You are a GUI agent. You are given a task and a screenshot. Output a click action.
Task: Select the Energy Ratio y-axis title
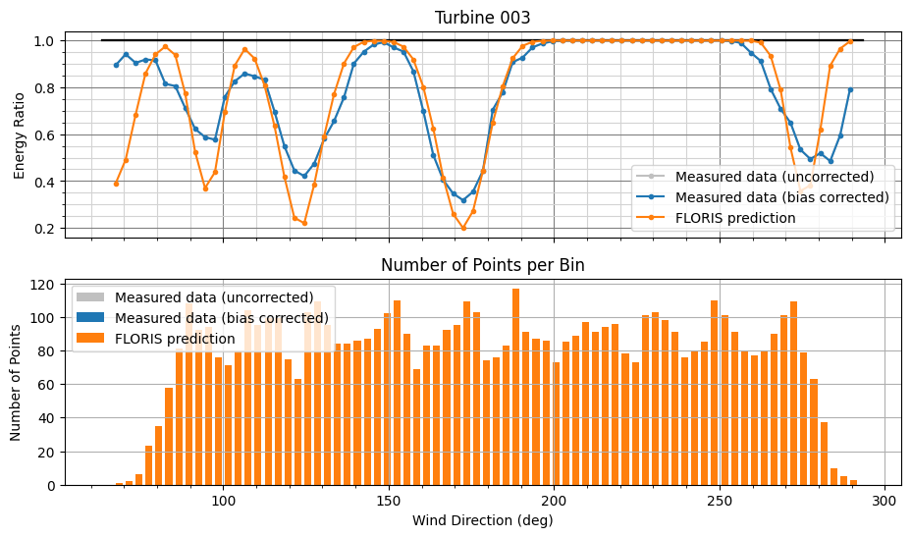click(x=21, y=134)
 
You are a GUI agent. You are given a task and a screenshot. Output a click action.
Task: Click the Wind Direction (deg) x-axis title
click(x=482, y=520)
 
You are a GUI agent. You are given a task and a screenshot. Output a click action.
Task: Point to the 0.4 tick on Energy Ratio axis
click(x=44, y=182)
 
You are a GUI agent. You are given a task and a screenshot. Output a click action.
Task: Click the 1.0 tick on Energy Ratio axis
click(x=44, y=41)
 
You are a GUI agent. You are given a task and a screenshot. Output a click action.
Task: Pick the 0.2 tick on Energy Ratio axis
click(x=44, y=229)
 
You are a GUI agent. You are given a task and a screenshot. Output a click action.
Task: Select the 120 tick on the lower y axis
click(x=41, y=285)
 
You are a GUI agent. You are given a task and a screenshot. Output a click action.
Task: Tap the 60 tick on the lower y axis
click(x=44, y=385)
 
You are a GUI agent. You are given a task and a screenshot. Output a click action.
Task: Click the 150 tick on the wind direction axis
click(x=389, y=499)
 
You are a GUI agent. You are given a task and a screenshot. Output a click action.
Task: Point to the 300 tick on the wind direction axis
click(x=885, y=499)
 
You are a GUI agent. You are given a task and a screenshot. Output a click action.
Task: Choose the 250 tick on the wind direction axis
click(x=720, y=499)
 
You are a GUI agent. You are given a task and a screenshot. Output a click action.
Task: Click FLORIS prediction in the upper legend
click(x=735, y=218)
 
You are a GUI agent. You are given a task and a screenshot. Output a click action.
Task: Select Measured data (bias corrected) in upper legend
click(x=781, y=197)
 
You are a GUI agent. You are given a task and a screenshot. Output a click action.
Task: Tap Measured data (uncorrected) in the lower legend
click(x=213, y=298)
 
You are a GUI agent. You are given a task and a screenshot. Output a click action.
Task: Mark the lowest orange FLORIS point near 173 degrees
click(x=463, y=229)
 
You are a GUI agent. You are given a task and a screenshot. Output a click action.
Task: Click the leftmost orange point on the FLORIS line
click(x=116, y=184)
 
